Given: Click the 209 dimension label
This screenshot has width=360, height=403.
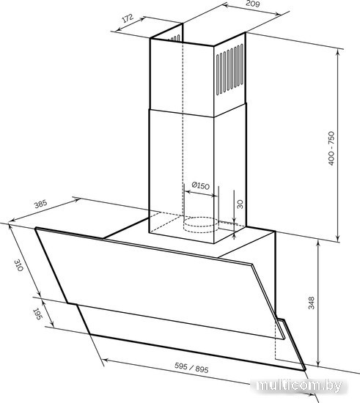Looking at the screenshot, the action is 253,4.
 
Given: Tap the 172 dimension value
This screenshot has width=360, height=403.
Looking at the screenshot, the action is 128,18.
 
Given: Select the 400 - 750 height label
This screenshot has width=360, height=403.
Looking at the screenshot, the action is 331,148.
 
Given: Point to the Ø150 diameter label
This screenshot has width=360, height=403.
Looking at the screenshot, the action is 201,185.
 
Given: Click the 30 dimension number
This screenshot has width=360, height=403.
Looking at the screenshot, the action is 240,204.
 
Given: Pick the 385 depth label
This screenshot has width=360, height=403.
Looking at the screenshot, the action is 41,204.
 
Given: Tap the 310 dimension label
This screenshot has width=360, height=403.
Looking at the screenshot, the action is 19,265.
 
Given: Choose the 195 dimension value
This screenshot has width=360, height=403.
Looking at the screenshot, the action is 37,314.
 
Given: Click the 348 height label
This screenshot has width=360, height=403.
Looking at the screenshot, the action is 312,303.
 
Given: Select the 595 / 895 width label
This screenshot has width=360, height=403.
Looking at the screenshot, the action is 191,368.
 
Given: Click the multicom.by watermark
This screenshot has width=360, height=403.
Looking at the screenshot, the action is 299,385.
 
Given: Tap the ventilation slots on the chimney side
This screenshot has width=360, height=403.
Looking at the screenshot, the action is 229,70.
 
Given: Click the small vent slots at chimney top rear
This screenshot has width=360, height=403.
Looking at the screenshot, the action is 174,39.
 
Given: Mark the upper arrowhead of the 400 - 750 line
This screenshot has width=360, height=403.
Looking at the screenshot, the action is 339,51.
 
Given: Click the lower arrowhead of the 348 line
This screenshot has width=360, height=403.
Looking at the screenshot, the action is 318,363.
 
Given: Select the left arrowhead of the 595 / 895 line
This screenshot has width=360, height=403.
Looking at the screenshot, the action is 106,361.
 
